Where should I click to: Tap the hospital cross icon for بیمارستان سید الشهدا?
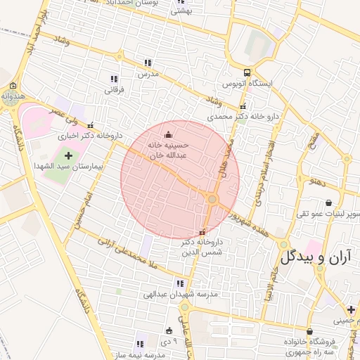(x=68, y=155)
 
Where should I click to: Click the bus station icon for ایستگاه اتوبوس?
(x=247, y=72)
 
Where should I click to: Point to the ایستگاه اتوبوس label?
(x=247, y=84)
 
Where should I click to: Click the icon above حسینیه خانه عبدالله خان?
(x=167, y=135)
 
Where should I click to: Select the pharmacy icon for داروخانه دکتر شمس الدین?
(x=202, y=233)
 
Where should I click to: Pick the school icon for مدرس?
(x=148, y=63)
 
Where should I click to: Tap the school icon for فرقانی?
(x=114, y=79)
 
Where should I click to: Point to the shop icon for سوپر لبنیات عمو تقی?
(x=328, y=202)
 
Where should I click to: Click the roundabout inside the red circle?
(x=212, y=200)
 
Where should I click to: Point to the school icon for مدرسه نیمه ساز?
(x=139, y=344)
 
